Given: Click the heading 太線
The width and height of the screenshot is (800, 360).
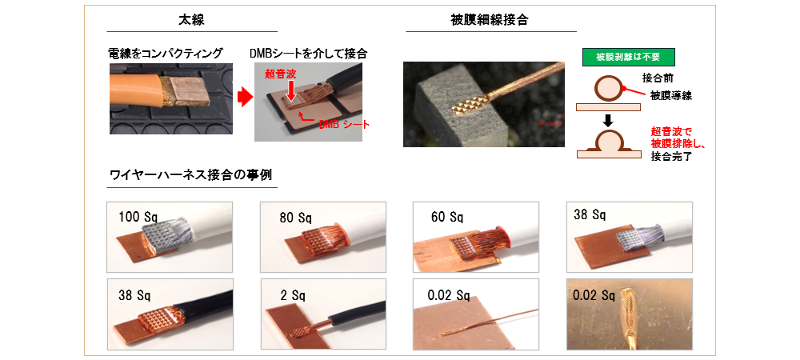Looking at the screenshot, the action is [x=191, y=20].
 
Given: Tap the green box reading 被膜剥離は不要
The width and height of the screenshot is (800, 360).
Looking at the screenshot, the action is [x=628, y=57].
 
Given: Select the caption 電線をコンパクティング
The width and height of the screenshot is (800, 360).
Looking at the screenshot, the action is [x=166, y=53].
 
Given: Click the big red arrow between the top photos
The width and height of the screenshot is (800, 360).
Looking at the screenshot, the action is [x=246, y=98].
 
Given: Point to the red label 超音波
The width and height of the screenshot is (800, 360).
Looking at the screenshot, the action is [x=276, y=74].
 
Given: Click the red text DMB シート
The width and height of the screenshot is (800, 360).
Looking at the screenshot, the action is [x=343, y=125].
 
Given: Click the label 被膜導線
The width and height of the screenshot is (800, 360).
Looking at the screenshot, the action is [x=671, y=95].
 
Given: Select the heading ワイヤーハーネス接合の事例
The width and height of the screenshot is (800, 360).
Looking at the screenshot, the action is [x=191, y=175].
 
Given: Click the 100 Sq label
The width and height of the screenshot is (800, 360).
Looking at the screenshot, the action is [x=138, y=216].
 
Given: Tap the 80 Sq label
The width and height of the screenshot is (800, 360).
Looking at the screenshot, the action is [x=295, y=218].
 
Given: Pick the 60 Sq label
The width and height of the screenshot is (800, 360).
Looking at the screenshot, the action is [x=447, y=218].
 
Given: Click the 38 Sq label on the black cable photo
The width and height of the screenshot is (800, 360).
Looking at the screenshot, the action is [x=134, y=294].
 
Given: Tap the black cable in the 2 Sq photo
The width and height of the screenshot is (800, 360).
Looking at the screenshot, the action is [x=356, y=312].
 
